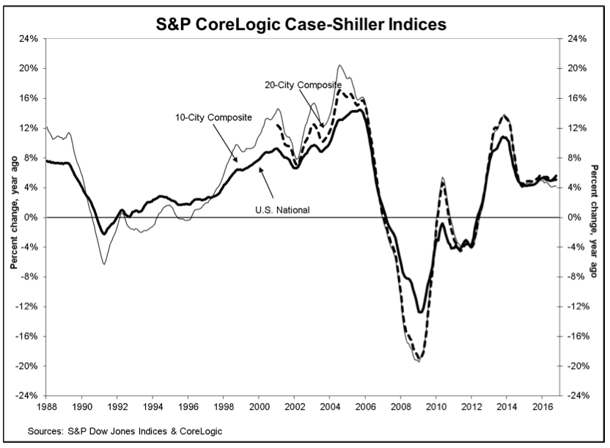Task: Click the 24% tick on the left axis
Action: pyautogui.click(x=29, y=39)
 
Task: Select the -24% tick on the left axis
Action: pyautogui.click(x=27, y=396)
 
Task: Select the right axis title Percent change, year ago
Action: pyautogui.click(x=595, y=218)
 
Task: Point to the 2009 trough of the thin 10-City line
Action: pyautogui.click(x=418, y=361)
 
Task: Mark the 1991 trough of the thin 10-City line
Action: pyautogui.click(x=103, y=263)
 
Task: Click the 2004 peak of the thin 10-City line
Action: pyautogui.click(x=340, y=65)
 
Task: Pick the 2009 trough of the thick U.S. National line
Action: pyautogui.click(x=419, y=312)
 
